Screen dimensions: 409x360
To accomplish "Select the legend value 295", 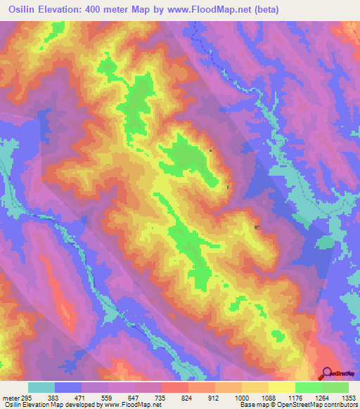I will click(23, 398).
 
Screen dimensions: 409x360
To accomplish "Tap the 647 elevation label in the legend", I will click(134, 398).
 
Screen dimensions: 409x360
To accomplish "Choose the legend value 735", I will click(161, 398).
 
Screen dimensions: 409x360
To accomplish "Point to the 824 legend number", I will click(188, 398).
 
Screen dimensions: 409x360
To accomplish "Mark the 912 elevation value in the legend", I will click(214, 398).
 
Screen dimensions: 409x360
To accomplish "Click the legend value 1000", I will click(241, 398).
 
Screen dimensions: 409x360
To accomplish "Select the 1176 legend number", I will click(295, 398).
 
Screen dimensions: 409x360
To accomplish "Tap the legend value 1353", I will click(349, 398).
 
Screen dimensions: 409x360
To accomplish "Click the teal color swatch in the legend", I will click(41, 387).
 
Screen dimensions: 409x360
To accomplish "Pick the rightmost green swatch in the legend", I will click(335, 387).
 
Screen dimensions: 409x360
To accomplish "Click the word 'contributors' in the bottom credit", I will click(340, 405).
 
